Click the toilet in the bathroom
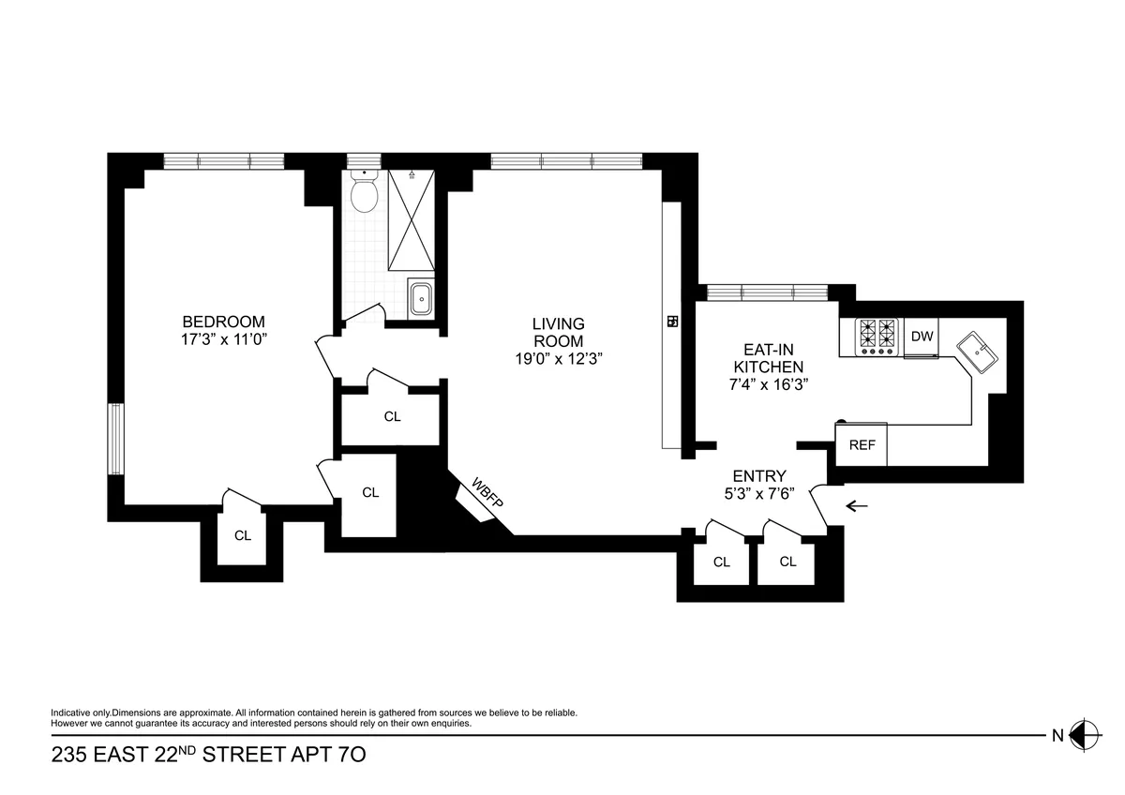pos(363,193)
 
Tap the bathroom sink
pos(422,299)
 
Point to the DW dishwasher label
pos(922,337)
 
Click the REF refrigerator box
pos(862,445)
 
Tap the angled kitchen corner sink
pos(978,353)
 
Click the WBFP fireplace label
pos(487,493)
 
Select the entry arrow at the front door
pos(857,506)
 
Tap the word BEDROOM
pos(223,321)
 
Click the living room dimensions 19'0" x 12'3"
pos(558,358)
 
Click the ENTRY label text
pos(759,476)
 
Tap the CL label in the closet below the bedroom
pos(243,536)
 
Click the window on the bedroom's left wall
pos(115,439)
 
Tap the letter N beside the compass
pos(1057,736)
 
